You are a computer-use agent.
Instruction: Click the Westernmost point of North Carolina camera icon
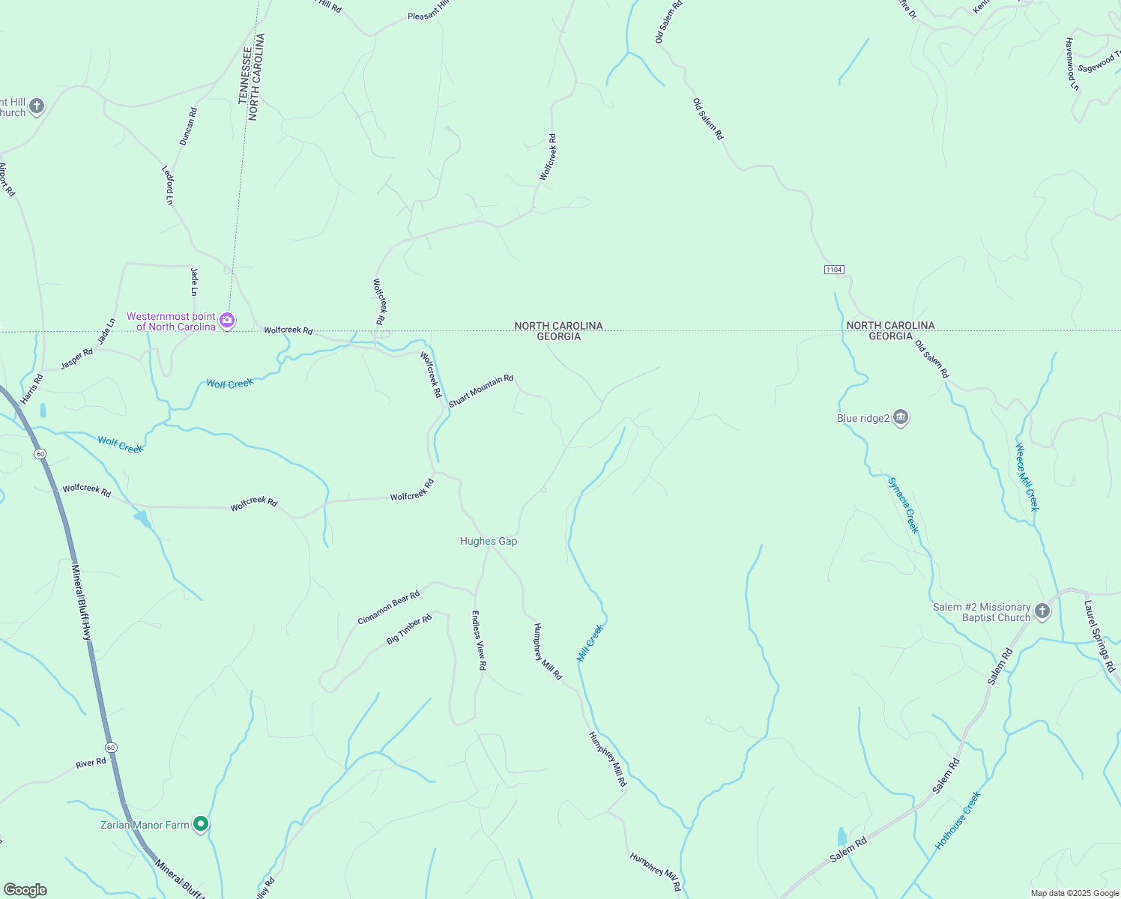tap(227, 321)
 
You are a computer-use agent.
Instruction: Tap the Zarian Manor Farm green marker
tap(201, 825)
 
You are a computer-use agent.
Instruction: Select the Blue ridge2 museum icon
tap(901, 418)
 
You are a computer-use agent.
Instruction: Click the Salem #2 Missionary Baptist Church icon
tap(1042, 612)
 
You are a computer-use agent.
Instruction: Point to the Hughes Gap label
tap(489, 541)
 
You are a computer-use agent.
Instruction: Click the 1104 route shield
tap(834, 270)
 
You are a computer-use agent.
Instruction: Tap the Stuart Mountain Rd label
tap(481, 391)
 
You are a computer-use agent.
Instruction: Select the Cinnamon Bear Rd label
tap(388, 608)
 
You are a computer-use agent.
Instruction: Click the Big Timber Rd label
tap(409, 629)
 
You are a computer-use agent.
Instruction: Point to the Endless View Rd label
tap(478, 640)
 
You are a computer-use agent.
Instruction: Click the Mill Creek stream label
tap(590, 643)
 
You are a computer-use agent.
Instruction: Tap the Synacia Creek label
tap(903, 504)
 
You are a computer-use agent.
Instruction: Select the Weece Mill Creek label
tap(1027, 476)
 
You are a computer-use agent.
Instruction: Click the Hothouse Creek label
tap(958, 820)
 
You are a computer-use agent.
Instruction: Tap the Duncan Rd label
tap(188, 126)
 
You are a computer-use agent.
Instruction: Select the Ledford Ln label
tap(168, 185)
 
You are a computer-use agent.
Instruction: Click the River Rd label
tap(91, 763)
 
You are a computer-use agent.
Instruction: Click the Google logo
tap(25, 890)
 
